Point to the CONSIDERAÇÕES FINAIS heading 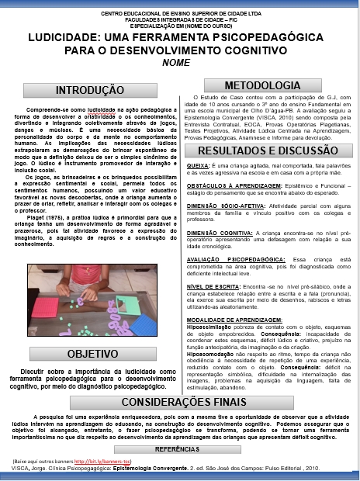point(179,402)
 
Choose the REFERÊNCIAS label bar point(178,449)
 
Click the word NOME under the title point(177,62)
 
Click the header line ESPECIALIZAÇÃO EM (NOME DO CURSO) point(179,23)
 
